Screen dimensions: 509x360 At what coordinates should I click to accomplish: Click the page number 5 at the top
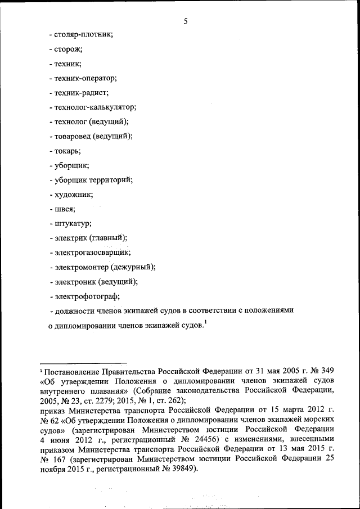pyautogui.click(x=185, y=21)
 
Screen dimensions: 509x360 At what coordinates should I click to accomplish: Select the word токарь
pyautogui.click(x=67, y=151)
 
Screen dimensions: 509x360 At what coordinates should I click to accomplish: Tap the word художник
pyautogui.click(x=74, y=195)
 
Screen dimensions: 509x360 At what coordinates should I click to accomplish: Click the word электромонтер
pyautogui.click(x=82, y=268)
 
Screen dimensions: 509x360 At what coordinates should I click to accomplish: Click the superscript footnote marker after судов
pyautogui.click(x=205, y=322)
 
